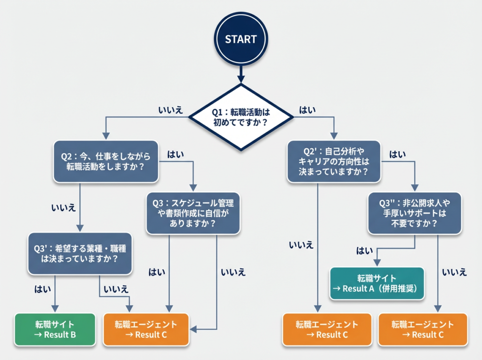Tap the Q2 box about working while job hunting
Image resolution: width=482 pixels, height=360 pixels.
tap(105, 161)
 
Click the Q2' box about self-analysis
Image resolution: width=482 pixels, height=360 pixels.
tap(334, 161)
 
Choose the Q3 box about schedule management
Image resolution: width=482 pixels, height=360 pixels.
tap(193, 213)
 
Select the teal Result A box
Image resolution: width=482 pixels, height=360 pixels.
tap(377, 283)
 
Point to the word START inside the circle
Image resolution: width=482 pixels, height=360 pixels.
tap(241, 40)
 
